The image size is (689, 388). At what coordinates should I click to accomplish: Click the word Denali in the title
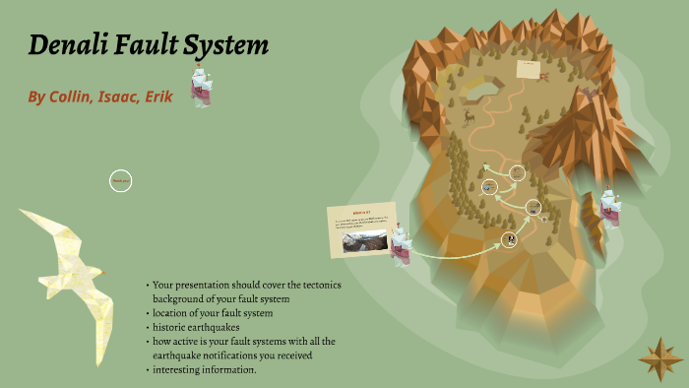click(72, 45)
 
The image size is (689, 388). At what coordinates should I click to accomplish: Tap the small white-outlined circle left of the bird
click(120, 180)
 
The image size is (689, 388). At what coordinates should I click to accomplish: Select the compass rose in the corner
click(659, 358)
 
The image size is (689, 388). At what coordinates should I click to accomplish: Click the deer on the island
click(469, 118)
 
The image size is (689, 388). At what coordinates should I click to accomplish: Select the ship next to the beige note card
click(399, 242)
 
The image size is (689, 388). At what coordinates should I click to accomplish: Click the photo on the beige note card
click(356, 242)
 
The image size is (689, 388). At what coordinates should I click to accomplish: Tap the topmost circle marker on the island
click(518, 172)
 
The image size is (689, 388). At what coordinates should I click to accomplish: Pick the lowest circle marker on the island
click(509, 238)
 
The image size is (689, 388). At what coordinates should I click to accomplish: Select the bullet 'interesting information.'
click(205, 369)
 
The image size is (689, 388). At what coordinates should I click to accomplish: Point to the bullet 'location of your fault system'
click(212, 312)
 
